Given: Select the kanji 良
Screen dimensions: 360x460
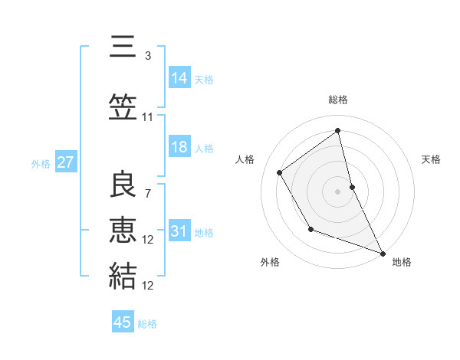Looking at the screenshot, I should (123, 185).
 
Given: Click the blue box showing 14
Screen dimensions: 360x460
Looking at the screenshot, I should (179, 78).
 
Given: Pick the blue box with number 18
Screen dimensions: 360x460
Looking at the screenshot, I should (179, 147).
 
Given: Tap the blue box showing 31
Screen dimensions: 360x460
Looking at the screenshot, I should (179, 231).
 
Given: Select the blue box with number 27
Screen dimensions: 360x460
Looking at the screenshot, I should (65, 162).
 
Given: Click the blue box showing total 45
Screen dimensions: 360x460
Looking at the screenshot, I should (123, 322).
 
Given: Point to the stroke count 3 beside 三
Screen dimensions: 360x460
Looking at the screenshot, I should (147, 56).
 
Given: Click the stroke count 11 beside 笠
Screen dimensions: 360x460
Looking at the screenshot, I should (147, 117).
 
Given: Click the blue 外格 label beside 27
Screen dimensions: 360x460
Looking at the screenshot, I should (41, 163).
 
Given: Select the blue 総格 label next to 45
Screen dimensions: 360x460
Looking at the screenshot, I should (147, 324).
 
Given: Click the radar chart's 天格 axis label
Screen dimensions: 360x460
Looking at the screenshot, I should (431, 159).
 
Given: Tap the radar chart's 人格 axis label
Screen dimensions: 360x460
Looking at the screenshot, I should (245, 159).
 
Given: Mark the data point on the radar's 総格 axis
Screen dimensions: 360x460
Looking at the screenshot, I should (337, 130).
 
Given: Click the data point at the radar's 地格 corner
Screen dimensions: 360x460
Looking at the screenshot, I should (383, 254).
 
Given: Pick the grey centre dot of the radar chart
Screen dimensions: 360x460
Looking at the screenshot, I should (337, 191).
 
